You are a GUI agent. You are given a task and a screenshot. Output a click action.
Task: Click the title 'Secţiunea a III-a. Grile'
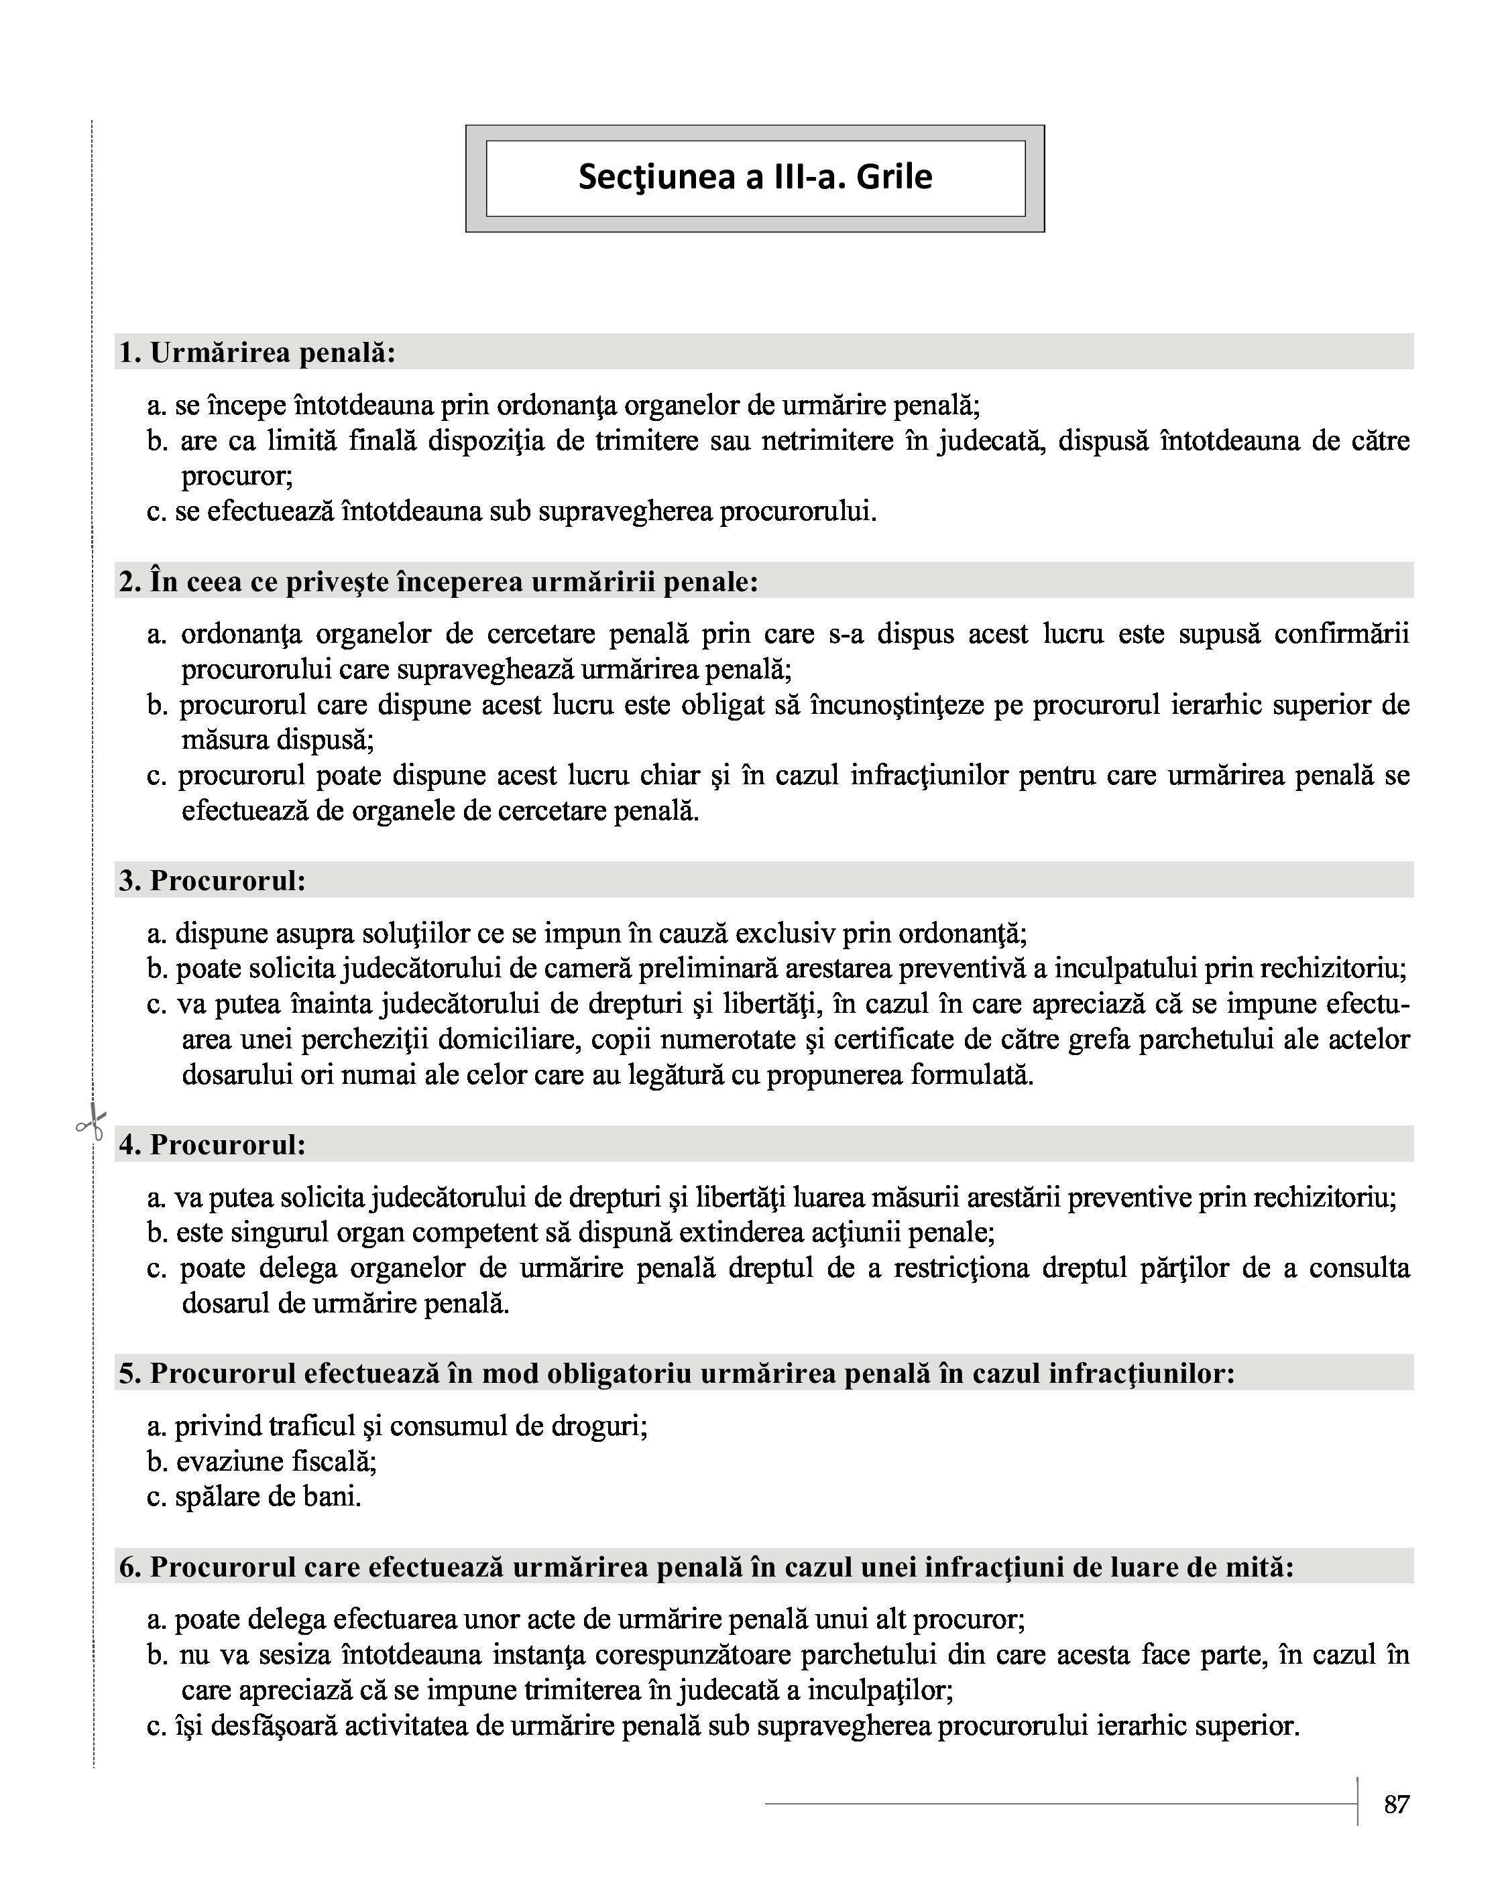pos(754,177)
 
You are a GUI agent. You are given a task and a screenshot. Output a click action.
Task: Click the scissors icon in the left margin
pos(91,1124)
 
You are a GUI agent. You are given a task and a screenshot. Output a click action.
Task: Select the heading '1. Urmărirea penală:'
pos(257,353)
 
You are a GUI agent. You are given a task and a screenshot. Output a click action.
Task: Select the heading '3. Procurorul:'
pos(213,881)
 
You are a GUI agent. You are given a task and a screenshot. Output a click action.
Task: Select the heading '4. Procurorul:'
pos(213,1145)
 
